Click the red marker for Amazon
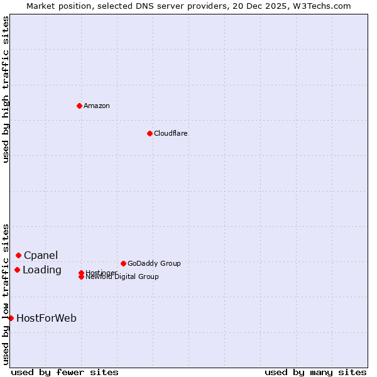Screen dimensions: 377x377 tap(79, 106)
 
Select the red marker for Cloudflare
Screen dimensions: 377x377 tap(150, 133)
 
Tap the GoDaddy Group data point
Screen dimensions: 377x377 tap(123, 263)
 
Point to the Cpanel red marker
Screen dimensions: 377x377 tap(18, 255)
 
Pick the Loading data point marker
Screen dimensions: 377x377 tap(17, 270)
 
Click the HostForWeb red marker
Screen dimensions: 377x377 tap(11, 318)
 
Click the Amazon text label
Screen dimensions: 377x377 tap(97, 106)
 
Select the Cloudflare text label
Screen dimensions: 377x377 tap(171, 133)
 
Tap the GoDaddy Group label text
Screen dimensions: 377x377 tap(154, 263)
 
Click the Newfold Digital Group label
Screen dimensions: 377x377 tap(122, 277)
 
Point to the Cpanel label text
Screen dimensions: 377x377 tap(41, 255)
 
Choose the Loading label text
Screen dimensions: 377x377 tap(42, 270)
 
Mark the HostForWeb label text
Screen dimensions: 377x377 tap(46, 319)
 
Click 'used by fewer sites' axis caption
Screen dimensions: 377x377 tap(65, 372)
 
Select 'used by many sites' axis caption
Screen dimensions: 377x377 tap(315, 372)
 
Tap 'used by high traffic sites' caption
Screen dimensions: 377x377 tap(6, 89)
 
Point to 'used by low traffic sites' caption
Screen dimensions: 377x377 tap(6, 294)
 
